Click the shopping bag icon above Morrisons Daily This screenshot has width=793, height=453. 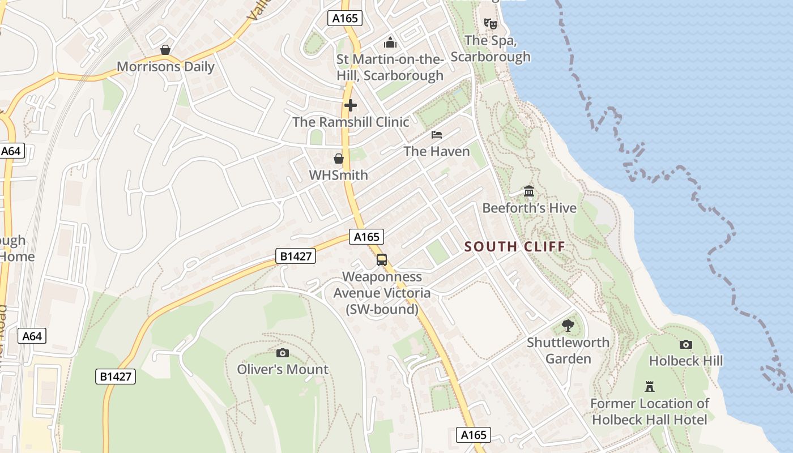165,50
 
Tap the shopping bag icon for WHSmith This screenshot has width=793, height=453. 339,159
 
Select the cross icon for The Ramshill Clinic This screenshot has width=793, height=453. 351,105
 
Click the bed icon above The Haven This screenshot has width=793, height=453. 437,135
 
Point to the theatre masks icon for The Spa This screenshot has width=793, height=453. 490,24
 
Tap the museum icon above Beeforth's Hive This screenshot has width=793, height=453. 529,191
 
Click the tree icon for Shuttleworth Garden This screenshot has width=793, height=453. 568,326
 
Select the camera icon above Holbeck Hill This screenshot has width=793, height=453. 685,344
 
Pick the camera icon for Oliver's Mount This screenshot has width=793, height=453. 282,353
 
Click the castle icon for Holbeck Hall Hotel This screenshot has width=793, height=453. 650,387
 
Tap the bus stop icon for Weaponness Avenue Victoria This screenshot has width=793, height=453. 382,260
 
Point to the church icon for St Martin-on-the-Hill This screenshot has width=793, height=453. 390,42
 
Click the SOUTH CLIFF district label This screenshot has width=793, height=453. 515,246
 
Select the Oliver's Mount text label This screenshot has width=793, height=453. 282,370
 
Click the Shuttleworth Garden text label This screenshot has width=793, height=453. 568,351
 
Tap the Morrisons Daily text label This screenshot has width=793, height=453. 165,67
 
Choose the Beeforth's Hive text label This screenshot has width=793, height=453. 529,208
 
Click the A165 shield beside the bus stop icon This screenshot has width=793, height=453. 366,237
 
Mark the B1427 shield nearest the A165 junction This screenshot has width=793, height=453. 295,256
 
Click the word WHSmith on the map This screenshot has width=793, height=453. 338,176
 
